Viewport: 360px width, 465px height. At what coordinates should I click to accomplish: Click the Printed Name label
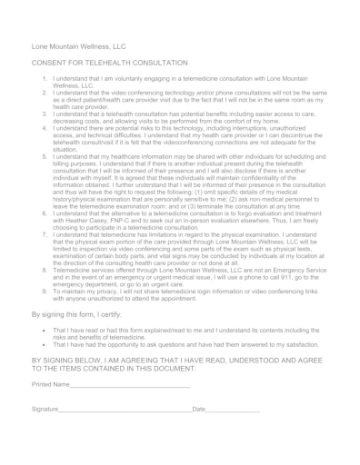[x=51, y=385]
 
